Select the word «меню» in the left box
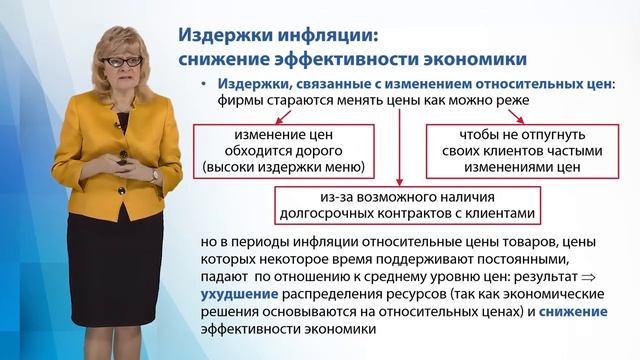(344, 166)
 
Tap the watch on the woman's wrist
(155, 174)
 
